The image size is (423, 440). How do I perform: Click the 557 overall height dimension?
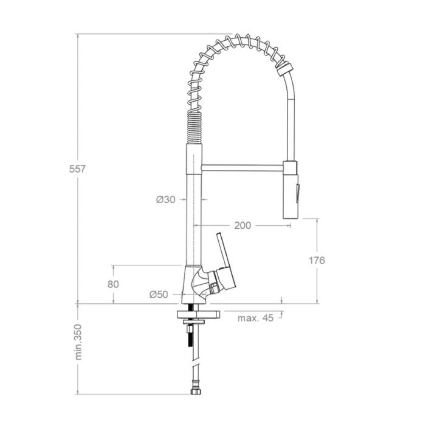click(x=77, y=169)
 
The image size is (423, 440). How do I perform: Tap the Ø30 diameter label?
click(x=165, y=199)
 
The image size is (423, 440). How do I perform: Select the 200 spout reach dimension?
click(x=242, y=225)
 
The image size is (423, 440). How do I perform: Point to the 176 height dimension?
click(x=316, y=260)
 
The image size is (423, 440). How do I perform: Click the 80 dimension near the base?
click(x=113, y=284)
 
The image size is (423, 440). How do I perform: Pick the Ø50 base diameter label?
click(x=159, y=294)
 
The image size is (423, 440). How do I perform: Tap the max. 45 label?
click(x=255, y=318)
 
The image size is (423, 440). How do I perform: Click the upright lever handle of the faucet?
click(x=222, y=250)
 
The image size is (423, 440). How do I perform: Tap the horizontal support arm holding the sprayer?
click(x=242, y=168)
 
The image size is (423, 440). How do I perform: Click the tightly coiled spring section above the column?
click(x=195, y=127)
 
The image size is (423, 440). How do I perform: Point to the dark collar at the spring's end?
click(x=284, y=68)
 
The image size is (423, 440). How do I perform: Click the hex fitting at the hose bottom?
click(x=195, y=391)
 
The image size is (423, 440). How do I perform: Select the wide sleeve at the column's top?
click(x=194, y=159)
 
